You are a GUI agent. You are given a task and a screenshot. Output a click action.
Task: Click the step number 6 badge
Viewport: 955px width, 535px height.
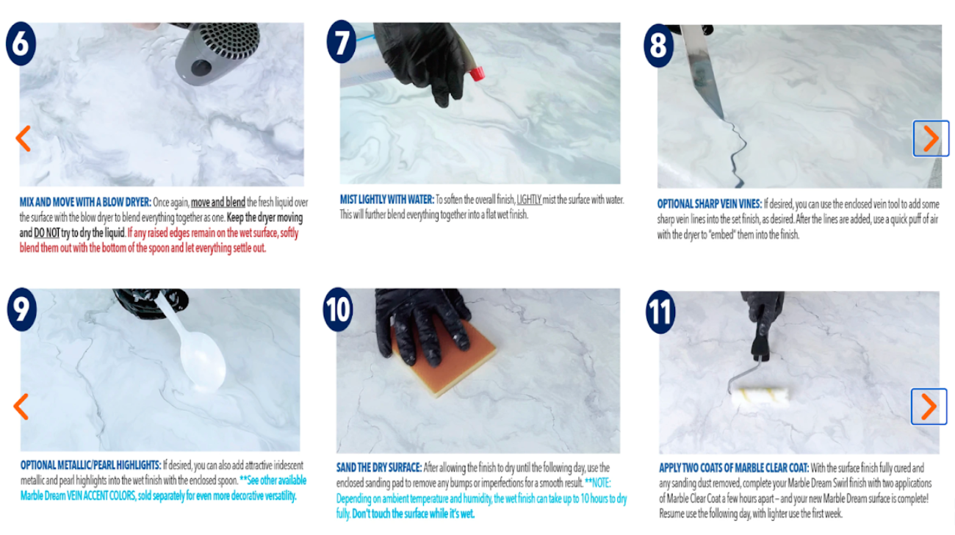click(21, 43)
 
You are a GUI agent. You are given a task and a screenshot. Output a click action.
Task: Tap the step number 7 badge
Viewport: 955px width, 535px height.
click(342, 42)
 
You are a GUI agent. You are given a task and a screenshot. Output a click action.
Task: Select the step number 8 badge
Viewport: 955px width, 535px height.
click(659, 46)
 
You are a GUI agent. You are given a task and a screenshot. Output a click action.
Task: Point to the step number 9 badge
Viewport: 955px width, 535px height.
click(22, 309)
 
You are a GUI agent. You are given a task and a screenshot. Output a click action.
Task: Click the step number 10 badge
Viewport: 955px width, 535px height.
click(338, 309)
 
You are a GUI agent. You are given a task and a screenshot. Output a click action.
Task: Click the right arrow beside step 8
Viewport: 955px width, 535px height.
click(931, 138)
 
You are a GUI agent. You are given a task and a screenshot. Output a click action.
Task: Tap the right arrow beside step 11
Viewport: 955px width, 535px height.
click(929, 406)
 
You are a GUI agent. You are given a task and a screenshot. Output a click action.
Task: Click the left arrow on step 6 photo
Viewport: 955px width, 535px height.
click(23, 138)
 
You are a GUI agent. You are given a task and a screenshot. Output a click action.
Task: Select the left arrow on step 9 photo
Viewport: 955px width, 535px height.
click(21, 406)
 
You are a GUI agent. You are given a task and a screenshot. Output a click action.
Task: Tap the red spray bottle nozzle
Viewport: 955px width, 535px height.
click(478, 73)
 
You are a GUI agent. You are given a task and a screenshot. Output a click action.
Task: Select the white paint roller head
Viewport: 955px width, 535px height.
click(760, 397)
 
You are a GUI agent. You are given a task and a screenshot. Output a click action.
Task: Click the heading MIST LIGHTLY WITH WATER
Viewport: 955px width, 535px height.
click(386, 200)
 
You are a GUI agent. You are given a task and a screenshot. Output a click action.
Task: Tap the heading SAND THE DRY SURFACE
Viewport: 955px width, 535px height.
click(379, 467)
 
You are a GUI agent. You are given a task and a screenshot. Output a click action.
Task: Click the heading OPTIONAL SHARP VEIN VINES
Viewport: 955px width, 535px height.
click(710, 204)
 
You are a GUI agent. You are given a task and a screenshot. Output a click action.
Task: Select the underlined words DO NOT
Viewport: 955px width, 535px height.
click(46, 233)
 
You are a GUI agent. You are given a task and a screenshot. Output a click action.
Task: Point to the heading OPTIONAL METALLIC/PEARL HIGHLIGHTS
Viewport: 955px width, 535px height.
click(91, 465)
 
